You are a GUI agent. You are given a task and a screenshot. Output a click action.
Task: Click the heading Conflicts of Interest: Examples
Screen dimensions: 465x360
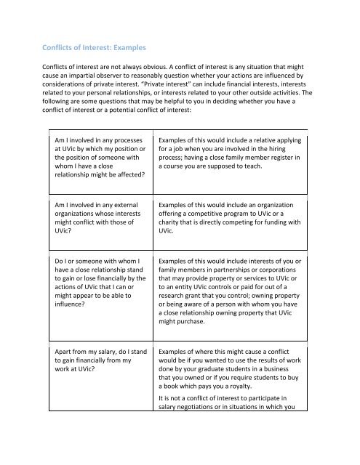95,48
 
